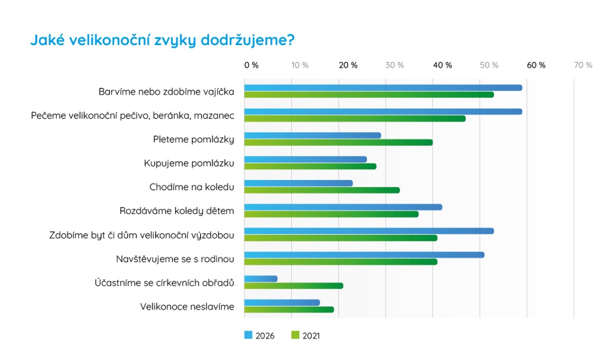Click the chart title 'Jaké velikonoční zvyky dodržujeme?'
[163, 41]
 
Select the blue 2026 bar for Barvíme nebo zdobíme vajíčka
[383, 88]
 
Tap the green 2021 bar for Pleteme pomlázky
[338, 142]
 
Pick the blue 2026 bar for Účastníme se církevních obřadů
[261, 279]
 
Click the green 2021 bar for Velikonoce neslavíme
[289, 309]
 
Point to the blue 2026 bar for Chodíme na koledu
[298, 183]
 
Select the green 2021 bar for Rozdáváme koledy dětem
[331, 214]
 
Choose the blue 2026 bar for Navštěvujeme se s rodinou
[364, 255]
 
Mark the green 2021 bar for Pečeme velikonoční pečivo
[355, 118]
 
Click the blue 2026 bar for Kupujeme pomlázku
[305, 160]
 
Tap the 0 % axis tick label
[251, 65]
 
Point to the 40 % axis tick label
[442, 65]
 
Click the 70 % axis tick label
[583, 65]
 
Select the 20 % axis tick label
[348, 65]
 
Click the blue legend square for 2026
[248, 335]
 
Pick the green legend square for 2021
[294, 335]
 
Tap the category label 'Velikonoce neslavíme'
[187, 307]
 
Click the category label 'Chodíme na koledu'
[192, 187]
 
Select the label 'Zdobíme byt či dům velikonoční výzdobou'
[142, 235]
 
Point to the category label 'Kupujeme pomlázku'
[189, 163]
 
